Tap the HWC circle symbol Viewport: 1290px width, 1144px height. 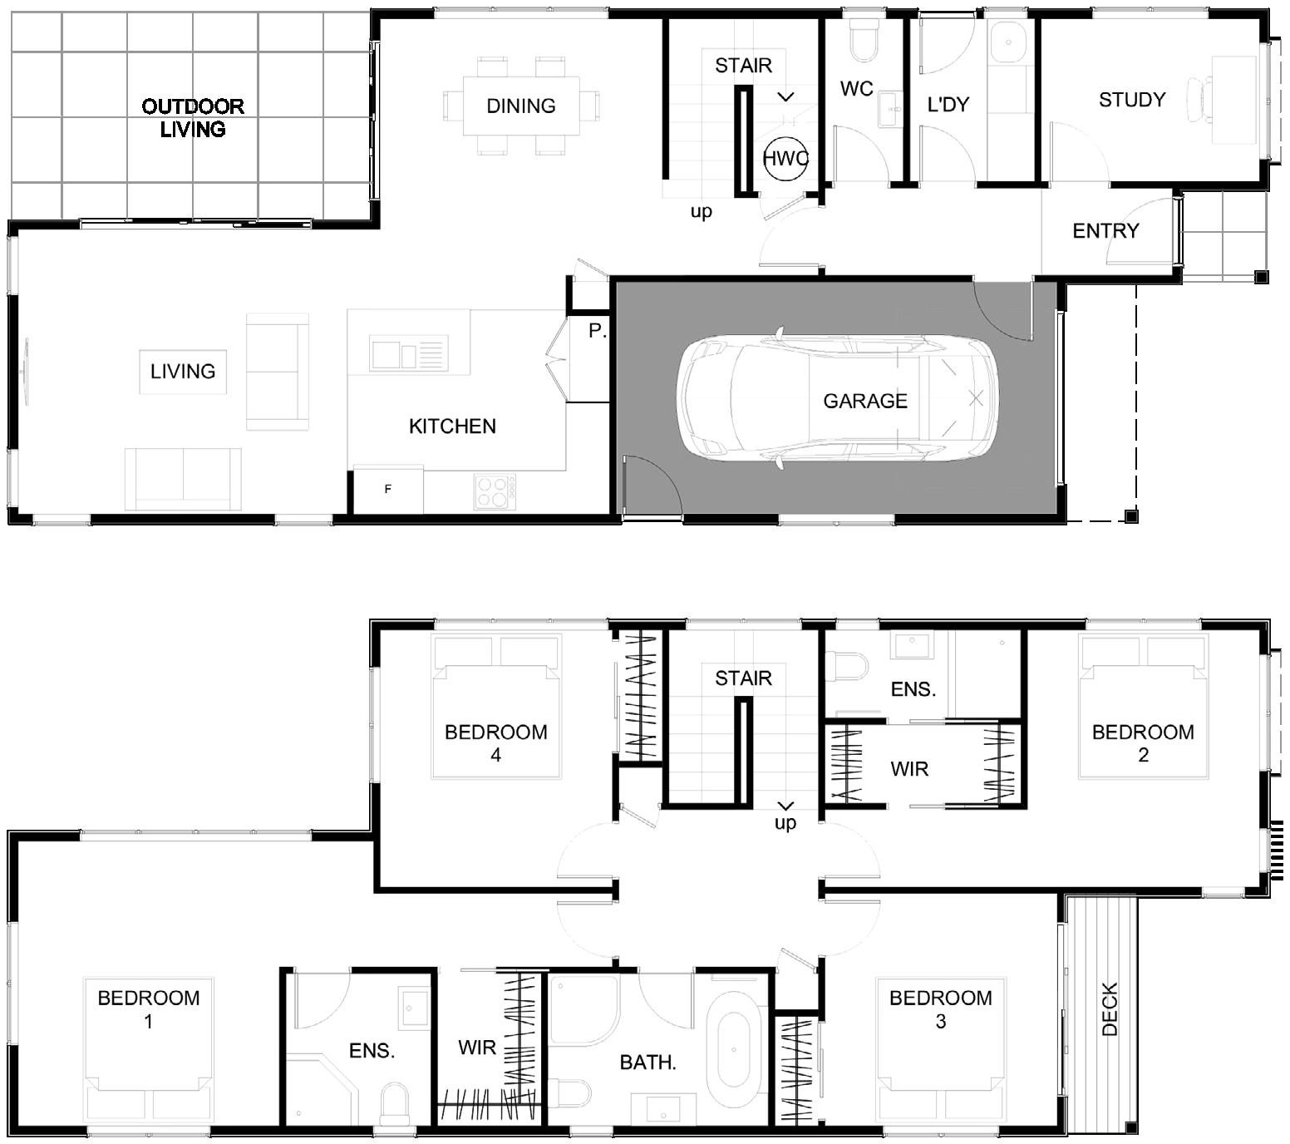tap(785, 158)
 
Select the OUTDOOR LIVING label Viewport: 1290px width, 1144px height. tap(193, 117)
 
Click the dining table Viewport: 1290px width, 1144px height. tap(521, 106)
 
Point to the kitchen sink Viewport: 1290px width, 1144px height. tap(408, 353)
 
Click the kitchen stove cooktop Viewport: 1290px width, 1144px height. tap(495, 491)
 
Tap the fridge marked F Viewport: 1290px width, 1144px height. tap(388, 490)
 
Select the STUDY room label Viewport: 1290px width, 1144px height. tap(1131, 100)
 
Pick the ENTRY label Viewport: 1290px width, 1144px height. tap(1105, 230)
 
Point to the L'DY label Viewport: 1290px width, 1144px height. tap(948, 104)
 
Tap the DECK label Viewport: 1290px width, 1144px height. tap(1109, 1008)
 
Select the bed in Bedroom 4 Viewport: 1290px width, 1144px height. tap(496, 707)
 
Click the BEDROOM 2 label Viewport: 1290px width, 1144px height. tap(1143, 742)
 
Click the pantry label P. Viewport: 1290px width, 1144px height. tap(597, 331)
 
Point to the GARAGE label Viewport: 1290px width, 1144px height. tap(865, 401)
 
